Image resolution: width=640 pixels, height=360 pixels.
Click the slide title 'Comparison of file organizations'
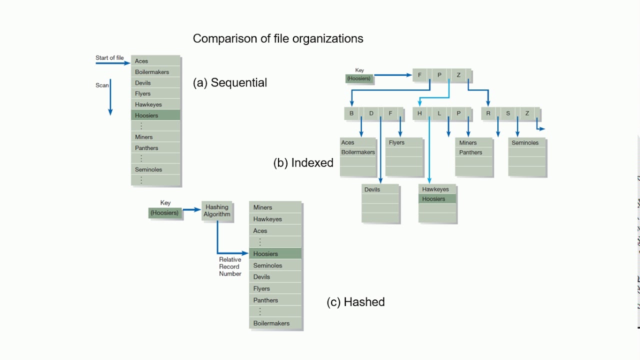[x=278, y=38]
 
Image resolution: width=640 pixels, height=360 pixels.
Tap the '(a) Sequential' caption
[x=230, y=82]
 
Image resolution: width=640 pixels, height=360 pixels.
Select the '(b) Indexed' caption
[x=303, y=162]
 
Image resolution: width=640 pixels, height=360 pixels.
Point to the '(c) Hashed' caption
[x=355, y=302]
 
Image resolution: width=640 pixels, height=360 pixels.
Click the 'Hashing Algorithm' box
[x=217, y=210]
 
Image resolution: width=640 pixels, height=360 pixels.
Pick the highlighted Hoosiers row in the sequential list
[x=155, y=115]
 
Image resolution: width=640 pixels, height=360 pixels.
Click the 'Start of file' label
[x=109, y=58]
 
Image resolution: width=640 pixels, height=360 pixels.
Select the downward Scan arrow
[x=110, y=97]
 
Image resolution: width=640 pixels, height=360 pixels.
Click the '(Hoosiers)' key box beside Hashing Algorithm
[x=165, y=212]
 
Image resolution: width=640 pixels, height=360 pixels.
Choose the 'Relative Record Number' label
[x=230, y=266]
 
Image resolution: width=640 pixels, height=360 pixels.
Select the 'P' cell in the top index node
[x=439, y=75]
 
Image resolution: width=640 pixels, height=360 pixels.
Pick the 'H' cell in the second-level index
[x=419, y=113]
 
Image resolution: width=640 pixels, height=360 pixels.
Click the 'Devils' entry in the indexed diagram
[x=372, y=189]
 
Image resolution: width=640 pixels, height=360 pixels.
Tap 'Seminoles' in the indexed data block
[x=525, y=143]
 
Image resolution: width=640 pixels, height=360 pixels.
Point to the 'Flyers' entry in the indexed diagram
[x=396, y=142]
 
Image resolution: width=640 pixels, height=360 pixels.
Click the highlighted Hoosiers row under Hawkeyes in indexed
[x=433, y=199]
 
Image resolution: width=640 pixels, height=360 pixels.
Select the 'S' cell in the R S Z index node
[x=508, y=113]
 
